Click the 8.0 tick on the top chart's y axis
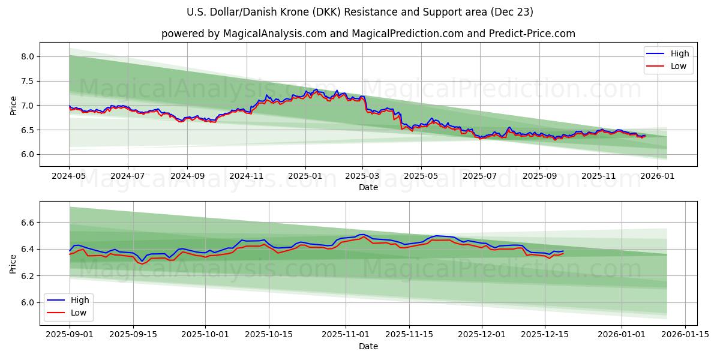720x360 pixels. tap(28, 56)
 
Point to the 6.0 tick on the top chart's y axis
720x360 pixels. tap(28, 154)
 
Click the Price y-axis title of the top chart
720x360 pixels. tap(14, 105)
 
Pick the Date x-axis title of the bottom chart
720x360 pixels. tap(368, 346)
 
